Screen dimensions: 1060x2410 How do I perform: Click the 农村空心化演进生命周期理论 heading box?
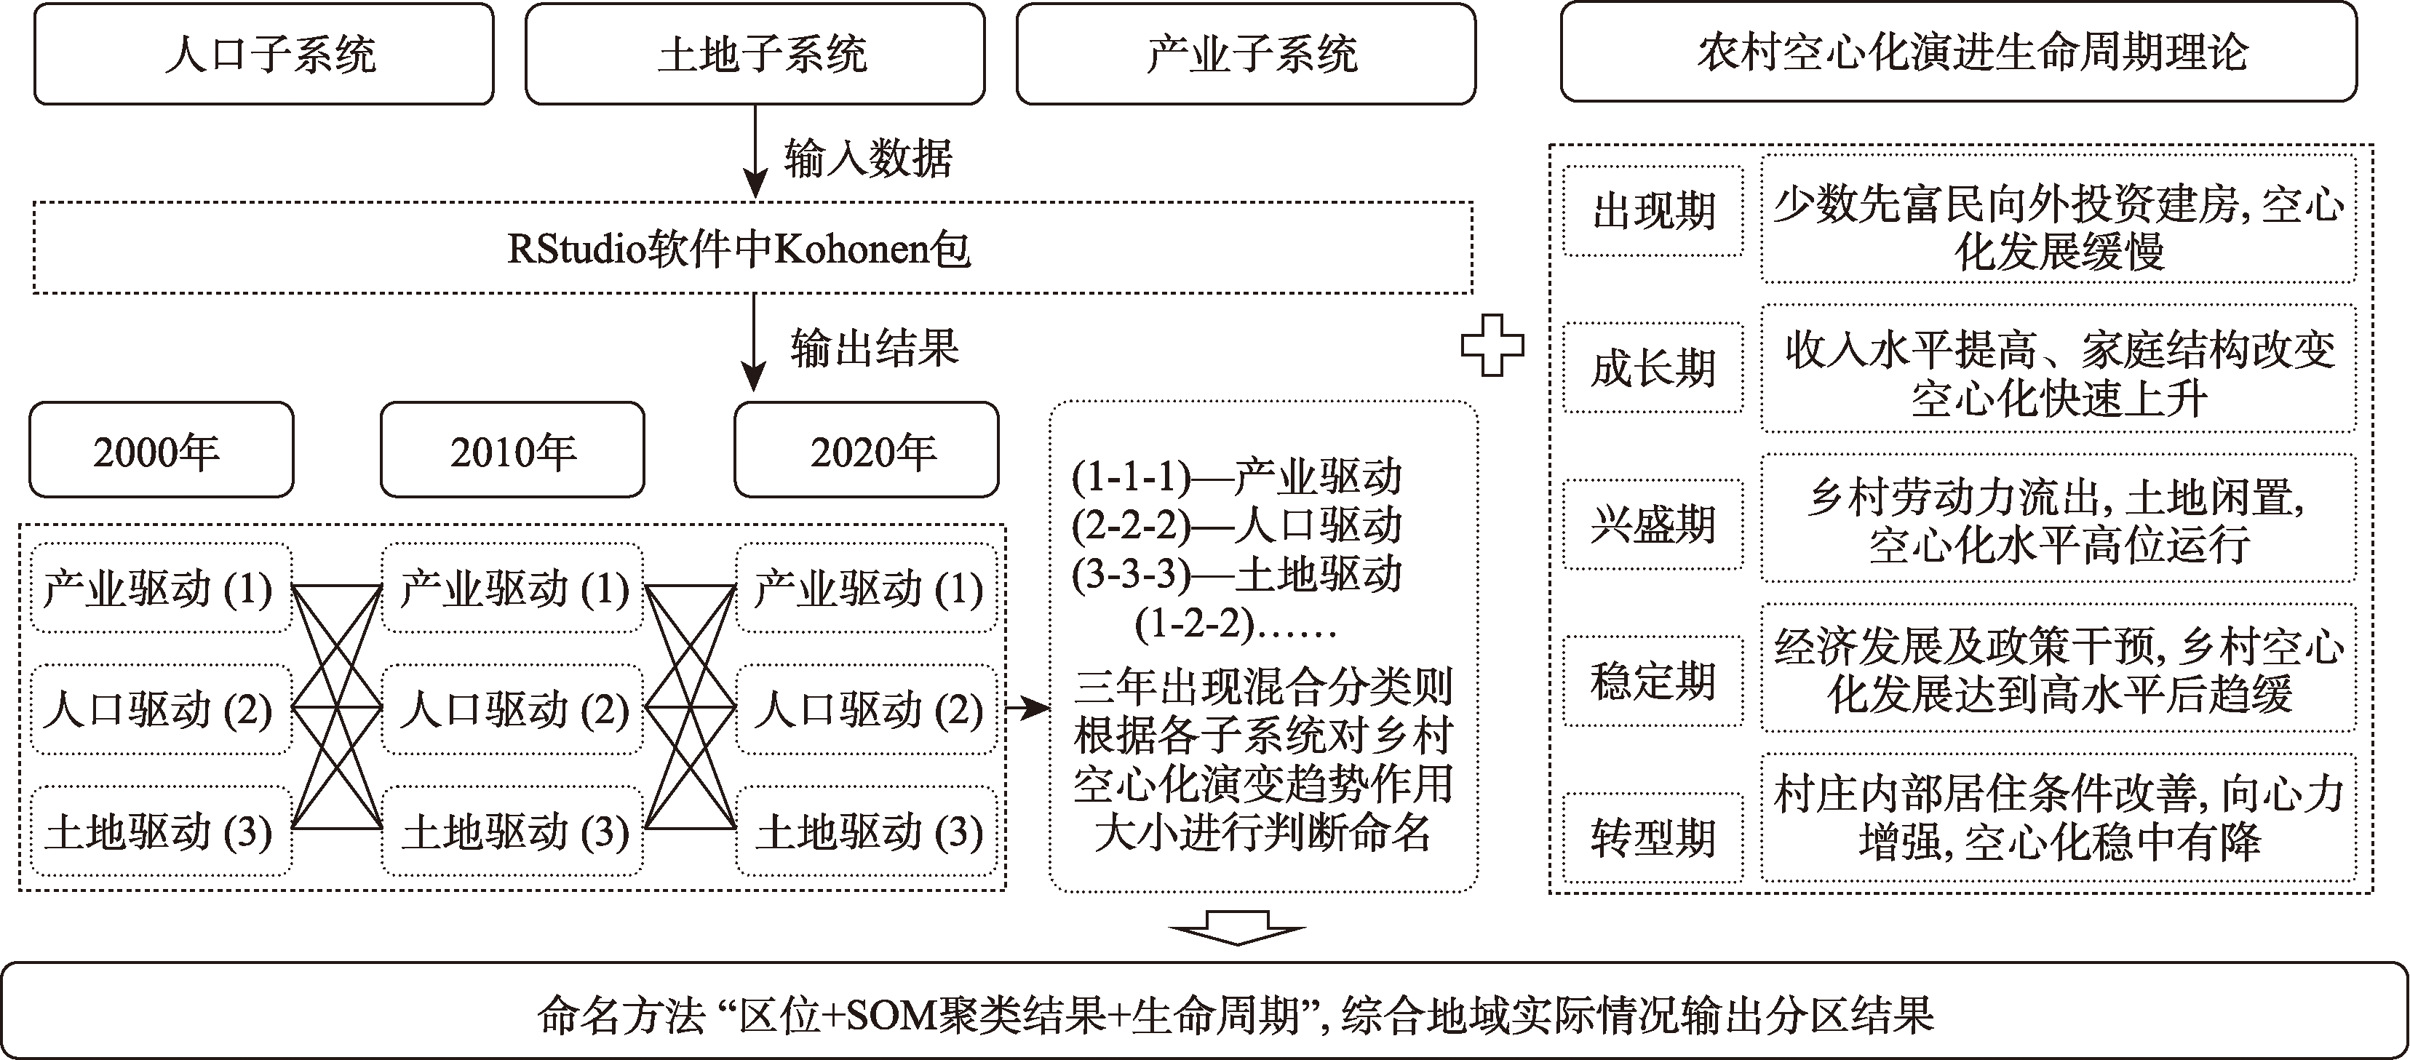click(x=1958, y=52)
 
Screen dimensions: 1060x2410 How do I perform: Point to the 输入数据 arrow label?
click(x=868, y=158)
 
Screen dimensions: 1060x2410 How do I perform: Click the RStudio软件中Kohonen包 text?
click(x=739, y=249)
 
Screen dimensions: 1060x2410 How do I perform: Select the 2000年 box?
click(x=161, y=451)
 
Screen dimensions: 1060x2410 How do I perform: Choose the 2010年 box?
click(x=513, y=451)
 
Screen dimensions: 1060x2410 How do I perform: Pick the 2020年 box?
click(x=867, y=451)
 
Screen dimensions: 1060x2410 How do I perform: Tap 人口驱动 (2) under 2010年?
click(x=513, y=710)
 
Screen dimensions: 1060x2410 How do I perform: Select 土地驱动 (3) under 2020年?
click(x=867, y=832)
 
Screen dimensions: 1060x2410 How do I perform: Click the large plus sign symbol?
click(x=1492, y=346)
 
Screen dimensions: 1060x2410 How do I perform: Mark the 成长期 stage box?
click(x=1653, y=367)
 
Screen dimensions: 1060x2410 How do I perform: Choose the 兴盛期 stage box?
click(x=1653, y=524)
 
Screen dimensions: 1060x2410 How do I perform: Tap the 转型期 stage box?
click(x=1653, y=837)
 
